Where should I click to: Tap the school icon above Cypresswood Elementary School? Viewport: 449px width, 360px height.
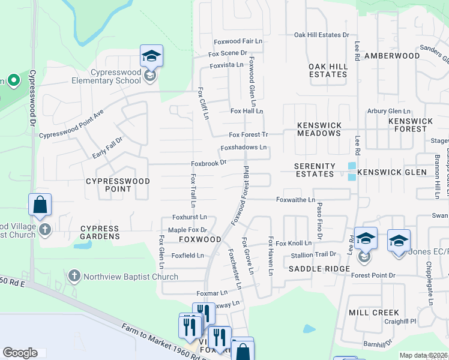pos(151,56)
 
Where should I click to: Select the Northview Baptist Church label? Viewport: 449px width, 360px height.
pos(130,277)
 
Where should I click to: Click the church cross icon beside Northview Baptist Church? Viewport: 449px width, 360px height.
pos(74,276)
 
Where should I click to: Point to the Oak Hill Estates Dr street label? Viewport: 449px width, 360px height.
pos(321,35)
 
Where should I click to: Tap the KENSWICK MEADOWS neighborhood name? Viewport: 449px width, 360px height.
pos(319,129)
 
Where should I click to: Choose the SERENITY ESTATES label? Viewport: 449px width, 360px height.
pos(315,170)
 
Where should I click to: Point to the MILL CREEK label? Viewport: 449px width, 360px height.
pos(373,313)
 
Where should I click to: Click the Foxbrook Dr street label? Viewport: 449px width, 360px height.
pos(208,163)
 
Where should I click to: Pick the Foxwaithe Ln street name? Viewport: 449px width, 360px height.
pos(295,199)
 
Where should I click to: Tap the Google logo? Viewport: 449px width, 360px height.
pos(20,353)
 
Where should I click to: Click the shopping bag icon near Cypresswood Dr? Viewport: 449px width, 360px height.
pos(40,205)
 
